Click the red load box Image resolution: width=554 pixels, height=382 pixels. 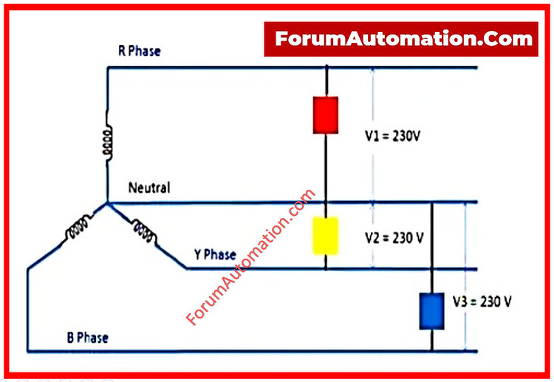(326, 115)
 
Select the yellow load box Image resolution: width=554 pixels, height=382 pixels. (326, 236)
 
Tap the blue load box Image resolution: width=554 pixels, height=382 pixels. (431, 311)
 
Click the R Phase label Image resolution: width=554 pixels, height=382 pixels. (139, 51)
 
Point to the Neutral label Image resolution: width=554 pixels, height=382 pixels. (149, 188)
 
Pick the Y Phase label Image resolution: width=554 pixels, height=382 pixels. (215, 254)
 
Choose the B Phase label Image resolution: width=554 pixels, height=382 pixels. (88, 338)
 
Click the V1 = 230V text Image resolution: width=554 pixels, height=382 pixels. (392, 136)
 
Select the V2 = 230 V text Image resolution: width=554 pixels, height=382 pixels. (394, 238)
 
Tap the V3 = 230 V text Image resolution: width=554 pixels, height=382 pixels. (482, 301)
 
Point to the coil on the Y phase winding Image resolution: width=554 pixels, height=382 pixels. (145, 231)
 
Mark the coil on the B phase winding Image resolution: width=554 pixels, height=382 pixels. (78, 228)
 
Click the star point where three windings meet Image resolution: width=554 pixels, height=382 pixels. (107, 203)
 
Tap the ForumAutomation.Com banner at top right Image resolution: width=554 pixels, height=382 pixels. (401, 39)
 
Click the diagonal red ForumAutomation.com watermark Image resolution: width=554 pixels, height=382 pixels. (250, 257)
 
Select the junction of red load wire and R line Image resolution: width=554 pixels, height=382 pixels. (326, 67)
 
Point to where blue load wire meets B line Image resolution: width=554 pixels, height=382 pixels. (431, 351)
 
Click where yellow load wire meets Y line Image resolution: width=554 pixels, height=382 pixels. (326, 269)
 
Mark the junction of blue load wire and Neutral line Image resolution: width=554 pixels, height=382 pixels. (431, 202)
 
